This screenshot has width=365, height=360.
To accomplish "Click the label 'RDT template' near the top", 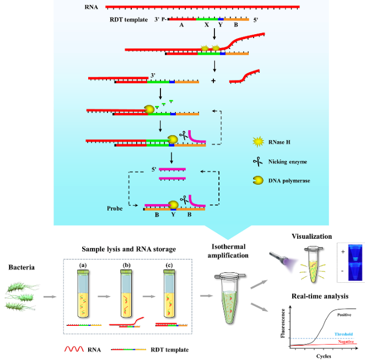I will pos(128,20).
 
